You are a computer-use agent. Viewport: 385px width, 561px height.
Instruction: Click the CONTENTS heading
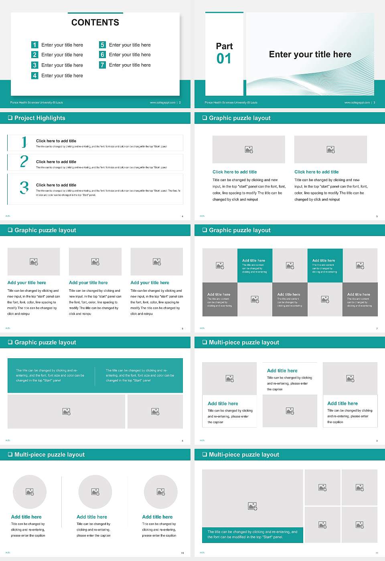(x=95, y=22)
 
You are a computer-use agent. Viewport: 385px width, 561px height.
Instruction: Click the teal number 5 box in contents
(x=102, y=45)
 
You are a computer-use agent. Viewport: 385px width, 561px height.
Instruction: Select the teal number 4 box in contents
(x=34, y=75)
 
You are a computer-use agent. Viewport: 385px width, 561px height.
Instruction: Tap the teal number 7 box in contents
(x=102, y=65)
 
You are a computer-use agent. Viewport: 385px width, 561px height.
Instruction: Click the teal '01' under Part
(x=224, y=59)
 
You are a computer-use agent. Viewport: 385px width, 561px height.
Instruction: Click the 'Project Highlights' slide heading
(x=40, y=118)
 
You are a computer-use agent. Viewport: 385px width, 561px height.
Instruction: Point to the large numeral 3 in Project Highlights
(x=24, y=188)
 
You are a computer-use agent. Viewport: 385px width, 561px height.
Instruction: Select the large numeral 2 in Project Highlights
(x=24, y=161)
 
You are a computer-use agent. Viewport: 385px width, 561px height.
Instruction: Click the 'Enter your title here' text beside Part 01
(x=310, y=54)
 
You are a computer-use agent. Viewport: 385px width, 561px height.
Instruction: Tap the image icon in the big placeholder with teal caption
(x=252, y=506)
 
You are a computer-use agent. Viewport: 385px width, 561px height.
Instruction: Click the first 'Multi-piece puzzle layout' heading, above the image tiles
(x=244, y=342)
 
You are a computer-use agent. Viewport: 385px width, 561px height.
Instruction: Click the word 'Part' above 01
(x=224, y=46)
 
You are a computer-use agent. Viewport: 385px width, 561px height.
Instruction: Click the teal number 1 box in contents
(x=34, y=45)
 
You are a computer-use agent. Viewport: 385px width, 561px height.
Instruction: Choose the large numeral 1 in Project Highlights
(x=24, y=142)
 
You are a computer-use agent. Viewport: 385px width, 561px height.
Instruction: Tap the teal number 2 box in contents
(x=34, y=54)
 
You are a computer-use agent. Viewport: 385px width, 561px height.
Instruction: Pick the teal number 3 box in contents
(x=34, y=65)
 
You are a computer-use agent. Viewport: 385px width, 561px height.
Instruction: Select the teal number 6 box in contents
(x=102, y=54)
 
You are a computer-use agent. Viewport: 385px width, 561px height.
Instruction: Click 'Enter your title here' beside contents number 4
(x=62, y=75)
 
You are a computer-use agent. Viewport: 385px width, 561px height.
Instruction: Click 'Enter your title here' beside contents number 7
(x=130, y=65)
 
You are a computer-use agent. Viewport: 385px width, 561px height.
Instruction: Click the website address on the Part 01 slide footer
(x=357, y=103)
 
